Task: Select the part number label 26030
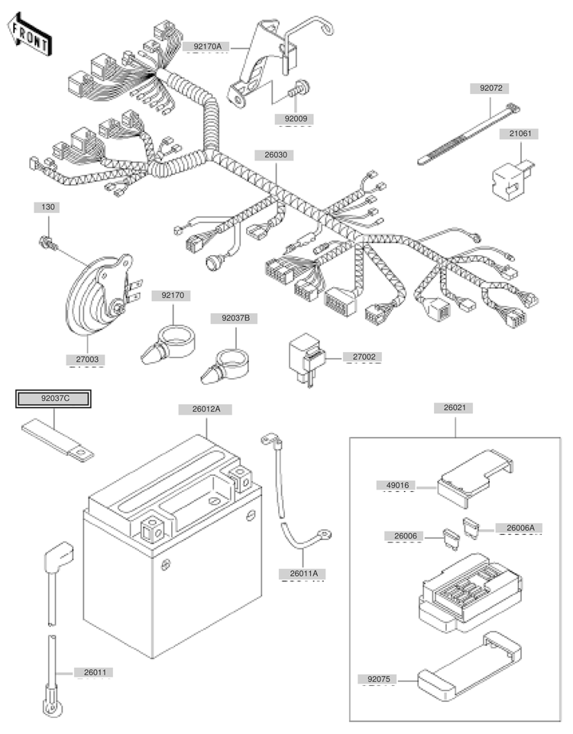click(277, 154)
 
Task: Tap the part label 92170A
click(207, 47)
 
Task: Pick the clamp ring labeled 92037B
click(229, 359)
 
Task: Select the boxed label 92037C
click(54, 398)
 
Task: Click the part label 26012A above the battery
click(206, 409)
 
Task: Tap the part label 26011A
click(303, 573)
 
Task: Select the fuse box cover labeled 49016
click(474, 477)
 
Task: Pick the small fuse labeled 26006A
click(472, 525)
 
